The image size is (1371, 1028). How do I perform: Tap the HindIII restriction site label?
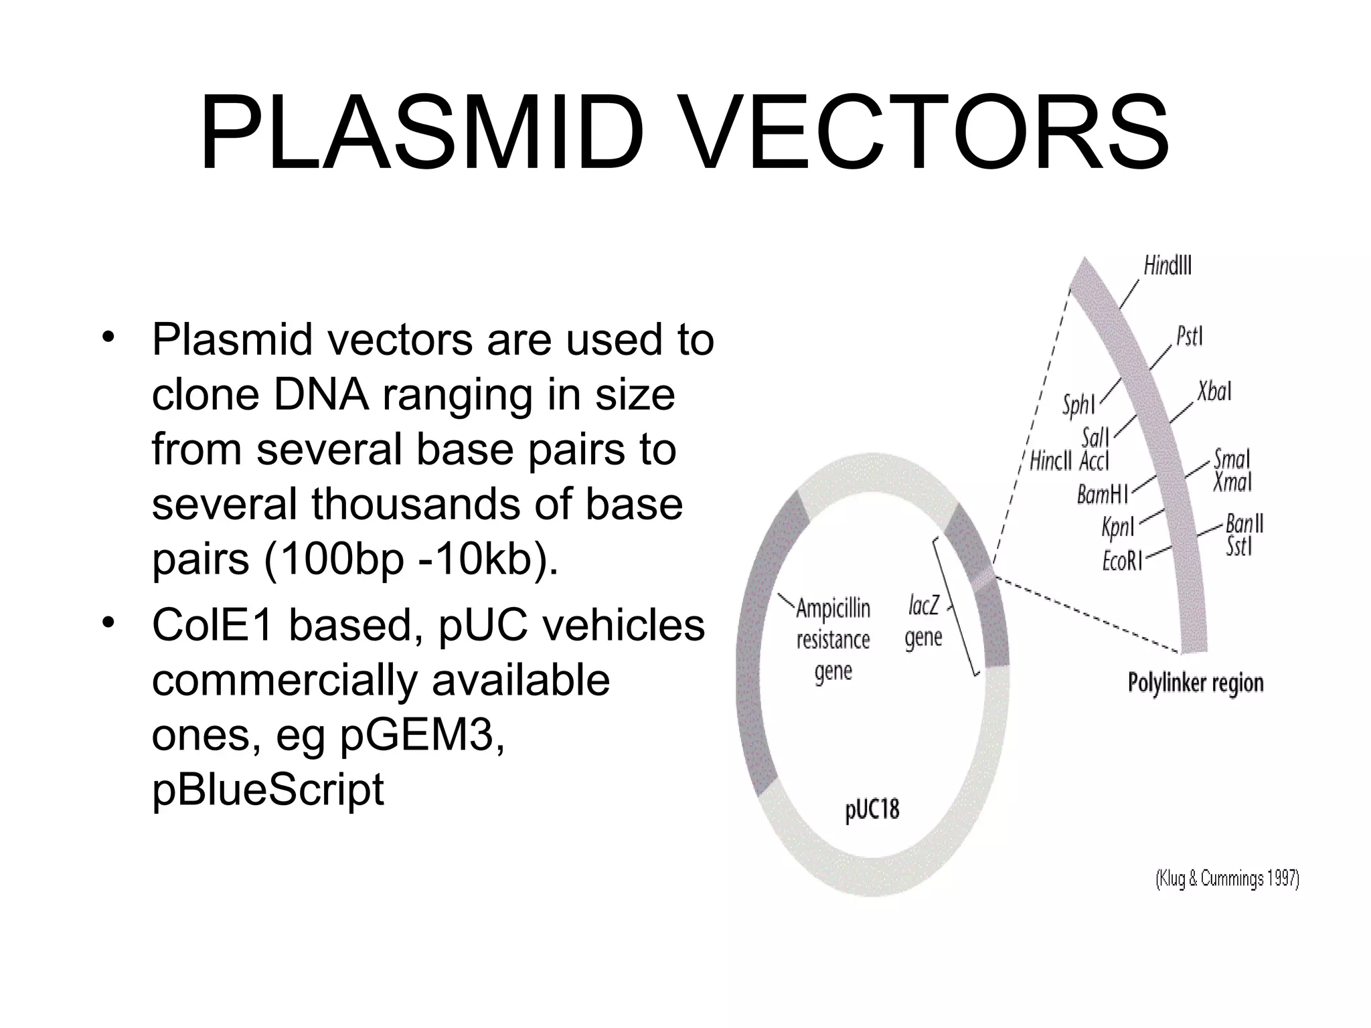click(1167, 266)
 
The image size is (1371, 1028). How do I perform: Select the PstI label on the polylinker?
click(1190, 336)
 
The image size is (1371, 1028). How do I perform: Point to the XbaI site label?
click(1214, 392)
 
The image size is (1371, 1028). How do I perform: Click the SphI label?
click(1078, 406)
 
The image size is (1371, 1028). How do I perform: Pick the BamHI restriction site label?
click(1102, 495)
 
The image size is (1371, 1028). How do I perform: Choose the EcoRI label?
click(1122, 561)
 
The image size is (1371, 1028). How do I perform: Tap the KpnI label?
click(1118, 527)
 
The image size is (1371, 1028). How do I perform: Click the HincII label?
click(1050, 461)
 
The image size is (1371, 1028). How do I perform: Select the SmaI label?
click(1232, 459)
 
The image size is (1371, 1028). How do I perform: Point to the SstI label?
click(1238, 547)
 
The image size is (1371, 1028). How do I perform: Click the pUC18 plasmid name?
click(872, 810)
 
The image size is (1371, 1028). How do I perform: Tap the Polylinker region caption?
click(1196, 683)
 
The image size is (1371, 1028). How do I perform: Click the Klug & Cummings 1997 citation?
click(1227, 879)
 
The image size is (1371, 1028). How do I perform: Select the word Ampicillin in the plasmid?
click(833, 609)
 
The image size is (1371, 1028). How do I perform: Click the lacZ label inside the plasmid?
click(924, 606)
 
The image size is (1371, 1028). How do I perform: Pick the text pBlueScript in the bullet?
click(268, 789)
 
